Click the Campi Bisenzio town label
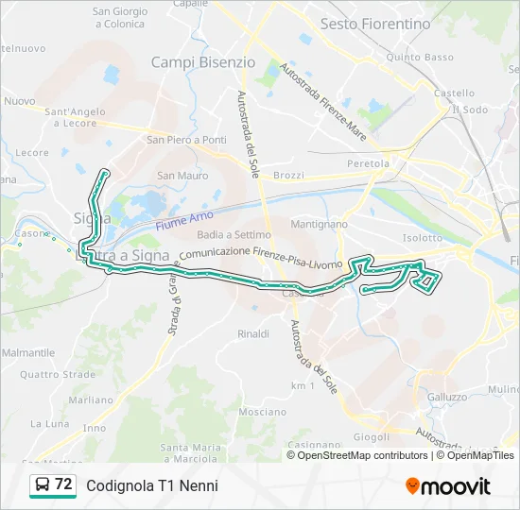point(203,62)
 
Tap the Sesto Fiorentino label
point(374,24)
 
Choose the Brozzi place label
point(289,176)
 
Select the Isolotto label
point(423,238)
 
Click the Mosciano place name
point(262,412)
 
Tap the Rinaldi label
point(253,333)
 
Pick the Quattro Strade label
point(57,374)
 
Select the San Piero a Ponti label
point(186,140)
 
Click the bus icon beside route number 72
point(43,485)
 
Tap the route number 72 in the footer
point(63,484)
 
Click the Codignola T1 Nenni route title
point(152,485)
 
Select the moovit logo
point(447,486)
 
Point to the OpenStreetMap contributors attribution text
point(362,455)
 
